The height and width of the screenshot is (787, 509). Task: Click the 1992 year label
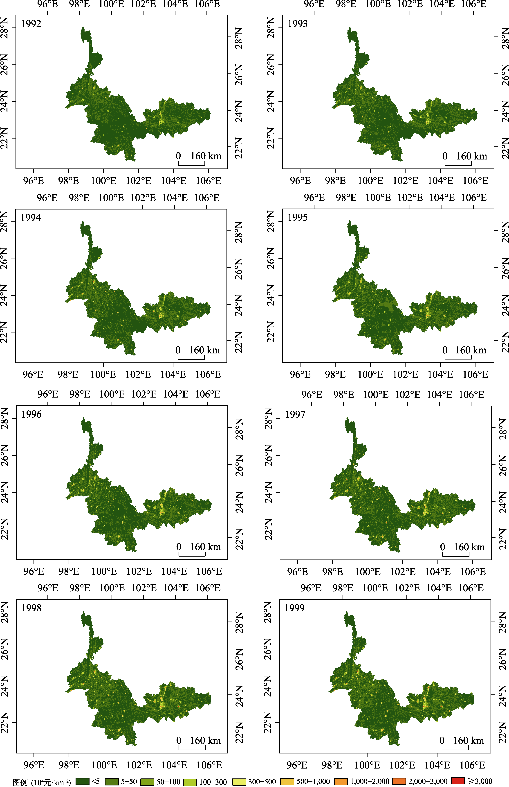tap(31, 24)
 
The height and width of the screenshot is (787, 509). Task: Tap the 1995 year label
tap(298, 218)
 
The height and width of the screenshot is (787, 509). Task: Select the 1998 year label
tap(31, 608)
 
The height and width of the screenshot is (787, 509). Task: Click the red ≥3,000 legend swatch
tap(458, 780)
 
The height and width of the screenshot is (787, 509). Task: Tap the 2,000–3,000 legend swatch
tap(399, 781)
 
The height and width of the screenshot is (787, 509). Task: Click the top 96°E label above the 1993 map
tap(314, 4)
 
